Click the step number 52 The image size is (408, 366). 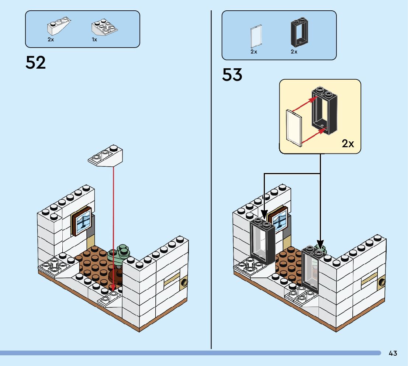[36, 63]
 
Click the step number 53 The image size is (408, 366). [232, 75]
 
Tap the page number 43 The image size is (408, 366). [393, 353]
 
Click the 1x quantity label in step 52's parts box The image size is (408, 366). [94, 39]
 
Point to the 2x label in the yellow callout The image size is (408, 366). [348, 144]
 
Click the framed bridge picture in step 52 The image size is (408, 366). [82, 221]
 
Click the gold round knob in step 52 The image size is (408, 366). [184, 283]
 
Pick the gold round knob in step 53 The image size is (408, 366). [382, 283]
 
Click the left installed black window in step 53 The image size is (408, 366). [262, 242]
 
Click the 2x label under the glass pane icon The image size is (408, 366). [254, 52]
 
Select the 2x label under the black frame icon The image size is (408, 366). [294, 52]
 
